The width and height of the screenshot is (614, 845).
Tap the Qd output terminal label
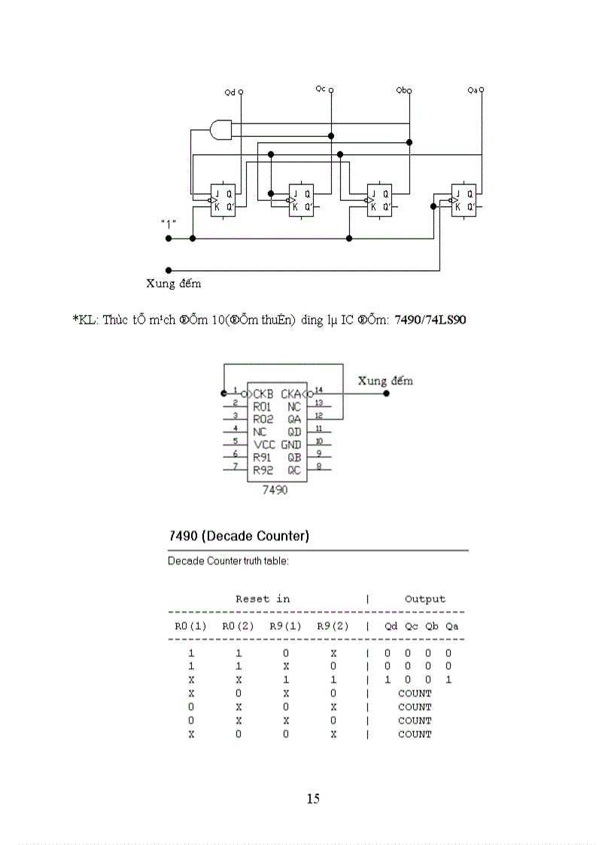230,92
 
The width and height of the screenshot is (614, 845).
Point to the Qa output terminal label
473,90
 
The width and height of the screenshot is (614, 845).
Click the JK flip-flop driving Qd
223,200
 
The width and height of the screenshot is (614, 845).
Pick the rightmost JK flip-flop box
463,200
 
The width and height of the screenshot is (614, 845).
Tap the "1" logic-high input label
169,223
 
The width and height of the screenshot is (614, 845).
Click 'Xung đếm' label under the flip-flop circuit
174,284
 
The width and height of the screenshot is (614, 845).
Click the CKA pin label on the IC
291,394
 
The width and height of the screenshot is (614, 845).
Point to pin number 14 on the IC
318,389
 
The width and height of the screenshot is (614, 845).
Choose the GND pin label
291,445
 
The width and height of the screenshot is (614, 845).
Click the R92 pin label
263,470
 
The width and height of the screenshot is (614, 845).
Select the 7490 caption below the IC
275,489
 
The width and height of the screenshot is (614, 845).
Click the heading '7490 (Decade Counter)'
238,536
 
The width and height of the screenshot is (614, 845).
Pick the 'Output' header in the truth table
425,599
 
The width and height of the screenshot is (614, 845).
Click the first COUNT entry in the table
415,693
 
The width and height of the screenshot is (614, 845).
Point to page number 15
313,798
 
